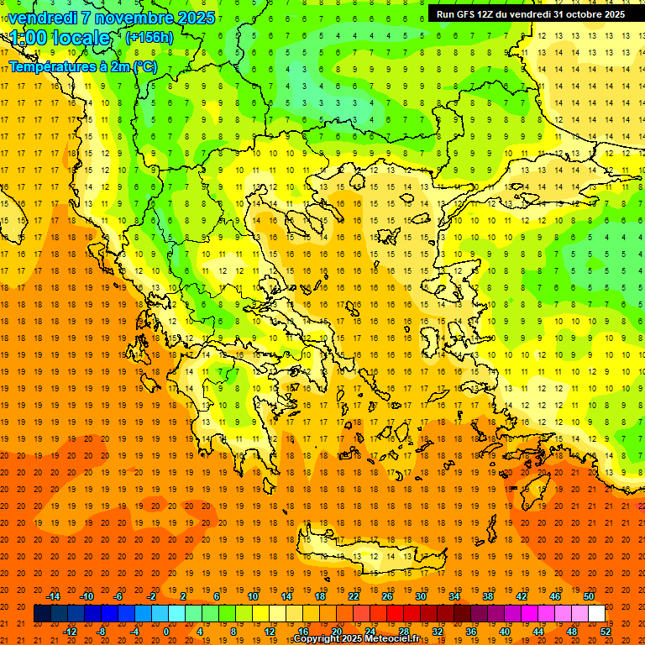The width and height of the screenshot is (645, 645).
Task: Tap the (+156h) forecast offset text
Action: pos(149,37)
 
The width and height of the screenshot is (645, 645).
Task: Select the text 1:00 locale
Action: pos(60,38)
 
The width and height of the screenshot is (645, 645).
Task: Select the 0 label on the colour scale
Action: pos(165,632)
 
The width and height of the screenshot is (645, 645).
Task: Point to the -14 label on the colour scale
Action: pos(53,596)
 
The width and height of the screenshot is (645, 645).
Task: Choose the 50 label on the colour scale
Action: pos(589,596)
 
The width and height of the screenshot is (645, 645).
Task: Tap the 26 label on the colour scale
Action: pos(386,596)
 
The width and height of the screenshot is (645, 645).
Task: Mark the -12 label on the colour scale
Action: pos(70,632)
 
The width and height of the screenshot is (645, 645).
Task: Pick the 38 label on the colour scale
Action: pos(488,596)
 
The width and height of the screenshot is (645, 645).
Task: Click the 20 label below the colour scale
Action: pos(337,632)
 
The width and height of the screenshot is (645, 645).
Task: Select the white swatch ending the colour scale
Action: pos(596,614)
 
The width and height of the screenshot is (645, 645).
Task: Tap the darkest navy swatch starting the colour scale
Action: pos(42,614)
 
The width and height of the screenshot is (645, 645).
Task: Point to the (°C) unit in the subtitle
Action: pos(144,66)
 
